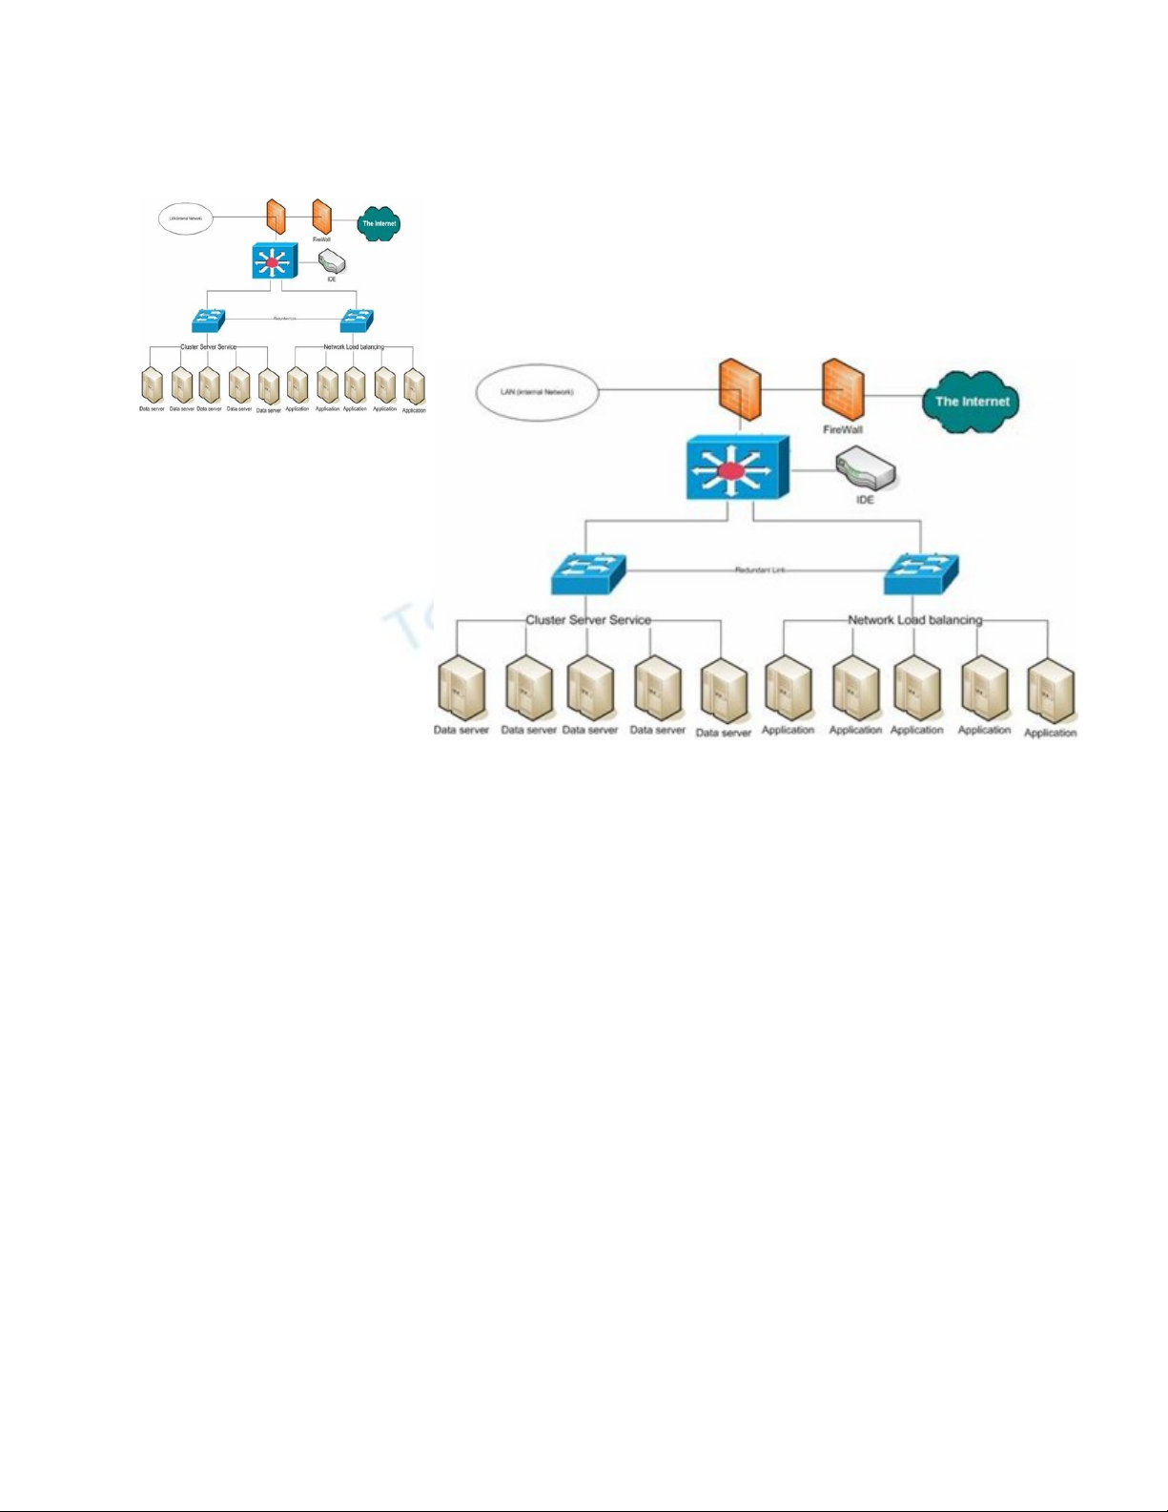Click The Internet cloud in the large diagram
pos(971,402)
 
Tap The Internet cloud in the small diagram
pos(379,223)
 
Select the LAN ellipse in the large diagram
pos(538,391)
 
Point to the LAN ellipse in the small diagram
pos(185,218)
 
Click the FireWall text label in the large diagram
pos(843,430)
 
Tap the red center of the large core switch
pos(729,470)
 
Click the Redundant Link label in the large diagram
pos(760,570)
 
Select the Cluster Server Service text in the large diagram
pos(588,620)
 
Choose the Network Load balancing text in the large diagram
pos(914,620)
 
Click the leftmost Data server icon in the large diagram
pos(461,689)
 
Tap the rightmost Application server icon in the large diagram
pos(1050,692)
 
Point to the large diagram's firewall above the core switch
pos(740,389)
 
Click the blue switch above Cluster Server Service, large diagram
pos(587,573)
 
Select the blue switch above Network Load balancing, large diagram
pos(921,573)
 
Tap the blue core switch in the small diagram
pos(275,260)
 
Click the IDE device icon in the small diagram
pos(332,262)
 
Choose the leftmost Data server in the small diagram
pos(152,384)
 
